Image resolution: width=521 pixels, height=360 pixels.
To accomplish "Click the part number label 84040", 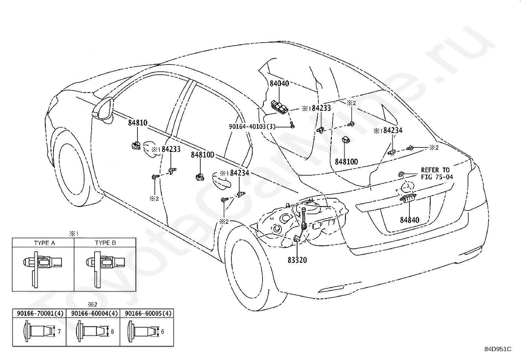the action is (279, 83).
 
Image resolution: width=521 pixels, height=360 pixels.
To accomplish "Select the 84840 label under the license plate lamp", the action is (410, 220).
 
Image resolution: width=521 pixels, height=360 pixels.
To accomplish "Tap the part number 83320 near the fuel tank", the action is (297, 260).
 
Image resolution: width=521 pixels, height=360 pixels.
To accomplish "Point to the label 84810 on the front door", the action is (138, 123).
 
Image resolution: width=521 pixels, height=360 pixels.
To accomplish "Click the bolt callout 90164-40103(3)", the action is (252, 126).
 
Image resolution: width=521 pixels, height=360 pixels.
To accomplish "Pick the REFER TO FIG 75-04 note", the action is (437, 174).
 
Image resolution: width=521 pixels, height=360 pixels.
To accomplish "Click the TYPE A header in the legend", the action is (45, 243).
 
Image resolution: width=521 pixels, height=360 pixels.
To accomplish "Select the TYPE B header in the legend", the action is (105, 243).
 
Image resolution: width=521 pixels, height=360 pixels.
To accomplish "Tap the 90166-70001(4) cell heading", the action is (40, 313).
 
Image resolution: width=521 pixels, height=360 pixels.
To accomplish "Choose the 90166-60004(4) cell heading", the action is (94, 313).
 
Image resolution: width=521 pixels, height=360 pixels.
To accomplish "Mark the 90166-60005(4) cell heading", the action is (148, 313).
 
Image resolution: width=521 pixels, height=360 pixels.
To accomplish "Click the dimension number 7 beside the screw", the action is (59, 332).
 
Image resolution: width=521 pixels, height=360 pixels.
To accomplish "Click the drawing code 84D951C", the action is (498, 349).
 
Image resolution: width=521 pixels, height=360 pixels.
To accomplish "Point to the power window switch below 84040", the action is (280, 107).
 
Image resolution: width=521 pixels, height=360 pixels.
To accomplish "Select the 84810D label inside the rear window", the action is (346, 161).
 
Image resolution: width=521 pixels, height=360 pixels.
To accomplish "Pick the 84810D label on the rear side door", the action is (202, 155).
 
